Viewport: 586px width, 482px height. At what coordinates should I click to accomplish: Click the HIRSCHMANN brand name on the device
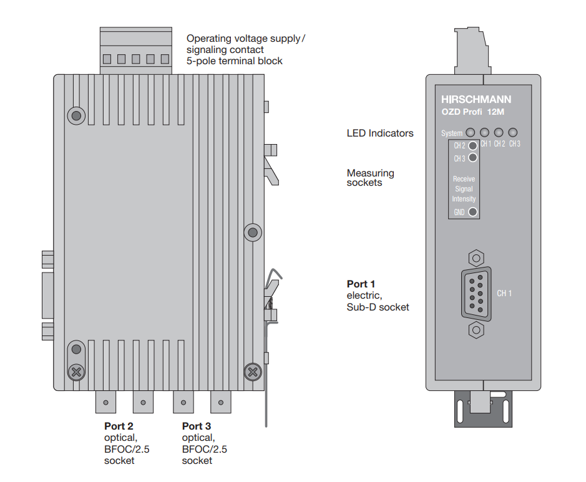point(476,99)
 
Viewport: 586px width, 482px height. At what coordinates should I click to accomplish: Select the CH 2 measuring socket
point(473,146)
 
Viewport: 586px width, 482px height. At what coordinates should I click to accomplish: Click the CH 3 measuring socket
point(473,158)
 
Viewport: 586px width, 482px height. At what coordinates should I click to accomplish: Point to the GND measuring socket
point(473,212)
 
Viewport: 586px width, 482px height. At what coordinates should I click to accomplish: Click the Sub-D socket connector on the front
point(476,293)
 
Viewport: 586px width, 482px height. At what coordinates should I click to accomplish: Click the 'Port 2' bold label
point(119,427)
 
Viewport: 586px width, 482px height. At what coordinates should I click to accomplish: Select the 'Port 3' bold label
point(197,427)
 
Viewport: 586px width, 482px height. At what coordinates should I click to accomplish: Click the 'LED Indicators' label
point(379,133)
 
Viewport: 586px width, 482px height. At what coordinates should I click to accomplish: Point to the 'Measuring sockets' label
point(370,178)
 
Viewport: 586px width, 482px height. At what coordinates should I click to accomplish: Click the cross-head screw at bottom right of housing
point(252,372)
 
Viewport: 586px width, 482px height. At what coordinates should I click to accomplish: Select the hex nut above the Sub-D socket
point(475,257)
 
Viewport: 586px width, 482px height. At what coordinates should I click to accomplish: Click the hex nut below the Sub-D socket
point(475,329)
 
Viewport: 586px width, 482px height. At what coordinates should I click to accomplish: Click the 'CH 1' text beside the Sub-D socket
point(504,293)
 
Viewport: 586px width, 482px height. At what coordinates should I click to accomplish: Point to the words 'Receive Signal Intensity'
point(464,189)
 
